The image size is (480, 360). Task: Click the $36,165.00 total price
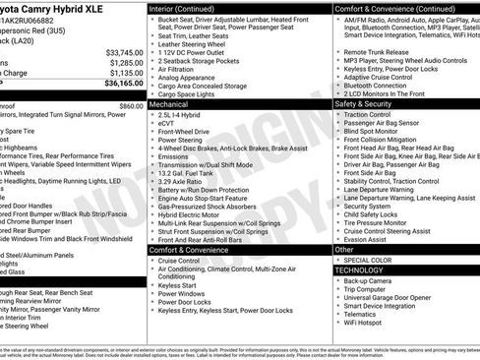coord(123,86)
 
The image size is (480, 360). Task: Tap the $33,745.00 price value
coord(124,51)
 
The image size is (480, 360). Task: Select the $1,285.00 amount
coord(126,62)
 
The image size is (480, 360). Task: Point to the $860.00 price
coord(131,104)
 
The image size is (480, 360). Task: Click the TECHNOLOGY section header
coord(359,270)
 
